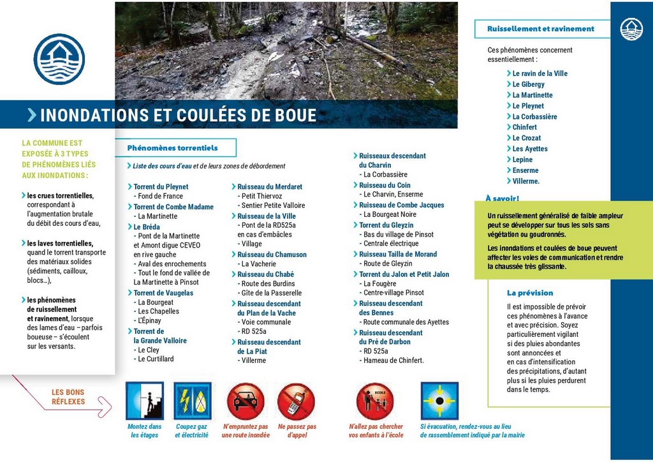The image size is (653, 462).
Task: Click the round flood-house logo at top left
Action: pos(59,59)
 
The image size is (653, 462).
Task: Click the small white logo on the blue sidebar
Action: pos(631,29)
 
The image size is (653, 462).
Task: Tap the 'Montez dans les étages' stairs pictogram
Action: pos(144,401)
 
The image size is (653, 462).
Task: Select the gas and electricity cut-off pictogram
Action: pos(193,401)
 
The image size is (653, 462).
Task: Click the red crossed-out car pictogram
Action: pos(246,401)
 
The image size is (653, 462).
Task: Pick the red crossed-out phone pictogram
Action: pos(296,401)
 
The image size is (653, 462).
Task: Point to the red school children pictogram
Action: pos(375,401)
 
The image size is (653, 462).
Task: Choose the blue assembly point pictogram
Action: pos(439,401)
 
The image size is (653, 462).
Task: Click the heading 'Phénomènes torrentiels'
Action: pos(172,148)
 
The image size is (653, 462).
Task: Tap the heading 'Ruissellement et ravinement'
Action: pos(540,29)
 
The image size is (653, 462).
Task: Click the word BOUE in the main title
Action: pos(295,115)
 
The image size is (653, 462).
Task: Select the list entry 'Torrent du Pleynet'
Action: pos(161,187)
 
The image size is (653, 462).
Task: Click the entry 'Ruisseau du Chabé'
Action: pos(265,274)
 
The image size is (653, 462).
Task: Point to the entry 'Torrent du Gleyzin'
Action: pos(386,225)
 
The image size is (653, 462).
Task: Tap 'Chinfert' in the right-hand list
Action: pos(524,127)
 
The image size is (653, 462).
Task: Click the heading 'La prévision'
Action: pos(530,293)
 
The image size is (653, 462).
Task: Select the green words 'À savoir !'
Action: pos(503,198)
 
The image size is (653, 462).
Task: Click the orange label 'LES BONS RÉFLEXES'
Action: pos(68,397)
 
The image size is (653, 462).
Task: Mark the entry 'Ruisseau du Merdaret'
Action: pos(270,187)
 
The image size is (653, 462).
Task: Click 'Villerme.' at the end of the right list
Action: pos(525,181)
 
